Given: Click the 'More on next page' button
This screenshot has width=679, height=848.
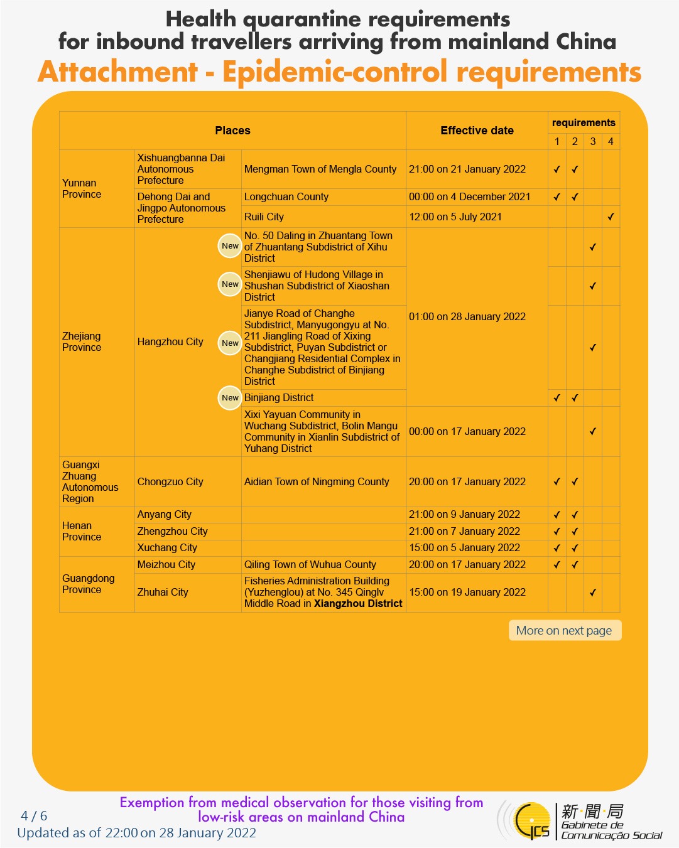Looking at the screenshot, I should [x=564, y=630].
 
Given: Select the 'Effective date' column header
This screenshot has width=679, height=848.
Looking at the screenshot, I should [x=477, y=131].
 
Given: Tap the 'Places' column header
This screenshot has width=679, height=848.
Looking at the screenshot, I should [x=232, y=131].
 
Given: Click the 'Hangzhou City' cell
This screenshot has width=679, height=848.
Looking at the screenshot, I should [x=170, y=341].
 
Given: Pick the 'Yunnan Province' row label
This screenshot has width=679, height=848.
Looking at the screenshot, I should [x=82, y=188].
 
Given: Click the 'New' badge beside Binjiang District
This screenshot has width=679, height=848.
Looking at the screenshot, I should [x=230, y=397].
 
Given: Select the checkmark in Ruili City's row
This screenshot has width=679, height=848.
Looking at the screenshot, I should [x=611, y=217].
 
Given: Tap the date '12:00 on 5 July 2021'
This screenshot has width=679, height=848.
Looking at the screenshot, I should [x=455, y=217].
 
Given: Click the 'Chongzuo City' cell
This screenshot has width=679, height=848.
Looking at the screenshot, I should [x=170, y=481].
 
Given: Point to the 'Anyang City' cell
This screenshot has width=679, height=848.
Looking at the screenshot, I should [x=165, y=514].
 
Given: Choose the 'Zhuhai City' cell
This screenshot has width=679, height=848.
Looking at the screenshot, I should [x=163, y=592].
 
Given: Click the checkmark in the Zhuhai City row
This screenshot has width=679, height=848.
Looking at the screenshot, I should [x=592, y=593].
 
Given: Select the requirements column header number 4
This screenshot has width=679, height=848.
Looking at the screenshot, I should [x=611, y=141].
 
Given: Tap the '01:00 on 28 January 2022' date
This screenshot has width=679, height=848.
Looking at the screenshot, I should [x=467, y=316].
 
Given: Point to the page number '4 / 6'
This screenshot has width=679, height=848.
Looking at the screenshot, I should [x=34, y=816].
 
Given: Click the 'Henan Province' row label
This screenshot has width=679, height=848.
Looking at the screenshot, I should [x=82, y=531].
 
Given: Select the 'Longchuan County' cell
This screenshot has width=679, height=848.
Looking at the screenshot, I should [x=286, y=196].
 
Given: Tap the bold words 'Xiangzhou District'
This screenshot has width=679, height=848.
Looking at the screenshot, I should [x=358, y=603].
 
